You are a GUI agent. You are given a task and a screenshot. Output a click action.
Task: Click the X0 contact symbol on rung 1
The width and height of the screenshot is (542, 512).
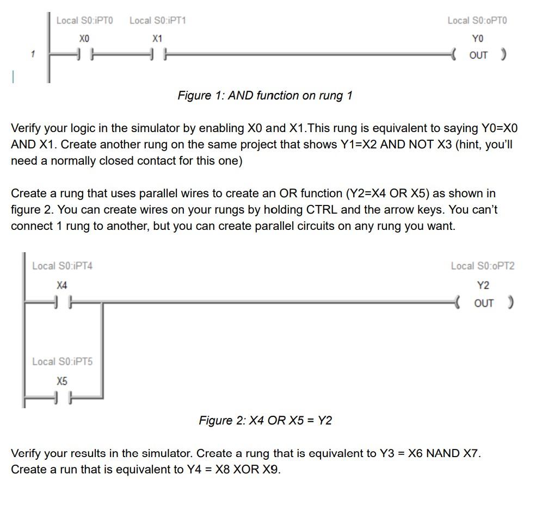pos(84,55)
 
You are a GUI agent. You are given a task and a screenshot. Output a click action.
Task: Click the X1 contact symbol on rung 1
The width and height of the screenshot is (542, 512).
pos(157,55)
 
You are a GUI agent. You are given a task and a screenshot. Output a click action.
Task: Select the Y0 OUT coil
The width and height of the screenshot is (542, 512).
pos(478,55)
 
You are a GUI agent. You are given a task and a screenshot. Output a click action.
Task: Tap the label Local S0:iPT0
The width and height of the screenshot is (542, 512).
pos(84,21)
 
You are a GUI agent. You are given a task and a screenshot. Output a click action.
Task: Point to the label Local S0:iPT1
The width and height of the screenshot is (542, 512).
pos(157,21)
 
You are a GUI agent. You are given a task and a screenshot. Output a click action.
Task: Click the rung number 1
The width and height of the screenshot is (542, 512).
pos(33,54)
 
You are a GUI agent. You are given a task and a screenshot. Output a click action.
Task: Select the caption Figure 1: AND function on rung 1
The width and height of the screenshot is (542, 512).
pos(265,96)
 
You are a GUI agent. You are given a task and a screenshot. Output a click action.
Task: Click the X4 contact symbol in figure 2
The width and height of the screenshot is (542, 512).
pos(62,303)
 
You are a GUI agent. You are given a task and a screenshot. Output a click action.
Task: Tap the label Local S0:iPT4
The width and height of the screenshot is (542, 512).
pos(62,266)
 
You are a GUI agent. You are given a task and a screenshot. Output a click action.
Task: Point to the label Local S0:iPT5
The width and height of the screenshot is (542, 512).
pos(62,361)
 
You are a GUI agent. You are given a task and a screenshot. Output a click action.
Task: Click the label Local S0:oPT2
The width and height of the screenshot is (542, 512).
pos(482,266)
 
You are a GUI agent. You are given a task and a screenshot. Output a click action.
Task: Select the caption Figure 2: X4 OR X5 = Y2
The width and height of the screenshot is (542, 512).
pos(265,420)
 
